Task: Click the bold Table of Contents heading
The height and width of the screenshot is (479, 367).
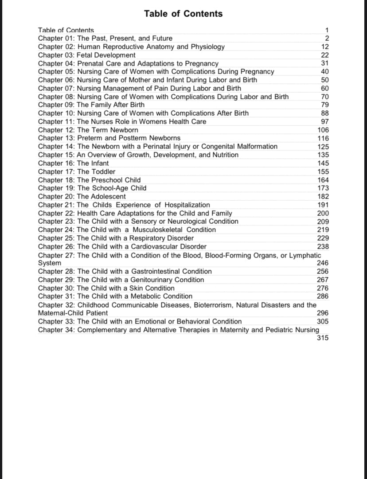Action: [183, 14]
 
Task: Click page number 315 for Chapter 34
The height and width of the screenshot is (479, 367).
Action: [323, 338]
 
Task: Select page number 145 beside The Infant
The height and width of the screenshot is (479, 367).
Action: [323, 163]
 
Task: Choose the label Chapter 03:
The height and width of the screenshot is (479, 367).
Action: [56, 55]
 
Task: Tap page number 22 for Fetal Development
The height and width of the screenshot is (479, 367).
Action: [324, 55]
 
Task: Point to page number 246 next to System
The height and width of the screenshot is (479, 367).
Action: [323, 263]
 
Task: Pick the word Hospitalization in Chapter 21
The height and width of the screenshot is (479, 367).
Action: [187, 205]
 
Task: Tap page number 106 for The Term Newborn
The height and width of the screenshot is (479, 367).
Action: [323, 130]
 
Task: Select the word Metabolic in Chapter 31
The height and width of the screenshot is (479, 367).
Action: [146, 296]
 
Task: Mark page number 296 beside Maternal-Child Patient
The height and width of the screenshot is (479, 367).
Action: [323, 313]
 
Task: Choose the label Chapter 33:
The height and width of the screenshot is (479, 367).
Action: [56, 321]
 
